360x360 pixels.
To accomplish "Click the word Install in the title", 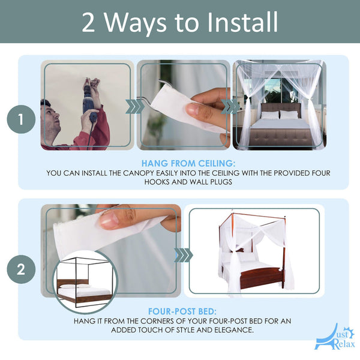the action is (242, 22).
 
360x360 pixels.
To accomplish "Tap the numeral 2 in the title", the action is (88, 23).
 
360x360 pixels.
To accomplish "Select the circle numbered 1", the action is (21, 119).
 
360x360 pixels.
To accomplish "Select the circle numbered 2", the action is (21, 269).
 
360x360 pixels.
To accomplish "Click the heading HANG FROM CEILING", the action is (188, 163).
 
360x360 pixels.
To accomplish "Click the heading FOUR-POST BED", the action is (182, 311).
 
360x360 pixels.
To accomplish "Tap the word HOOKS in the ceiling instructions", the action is (157, 182).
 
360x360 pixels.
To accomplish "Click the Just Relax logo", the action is (335, 337).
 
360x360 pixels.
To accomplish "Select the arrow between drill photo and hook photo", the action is (135, 106).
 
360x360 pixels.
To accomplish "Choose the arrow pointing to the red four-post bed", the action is (183, 255).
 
